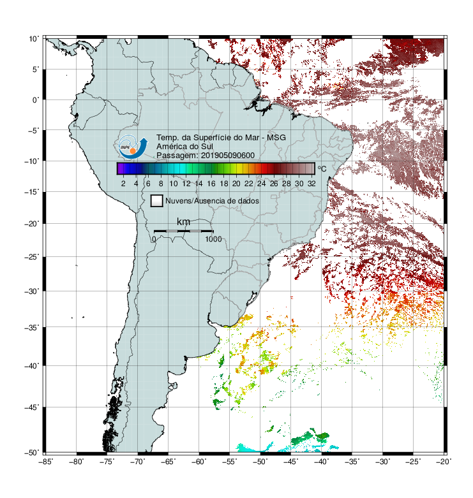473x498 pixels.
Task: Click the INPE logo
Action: [133, 147]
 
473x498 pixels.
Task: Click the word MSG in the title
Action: [276, 138]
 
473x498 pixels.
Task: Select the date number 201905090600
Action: [228, 156]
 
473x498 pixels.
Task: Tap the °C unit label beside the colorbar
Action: [322, 168]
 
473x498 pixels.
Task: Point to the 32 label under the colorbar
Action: [312, 184]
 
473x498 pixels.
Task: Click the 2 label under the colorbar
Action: [123, 184]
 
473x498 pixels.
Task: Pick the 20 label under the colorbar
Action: [236, 184]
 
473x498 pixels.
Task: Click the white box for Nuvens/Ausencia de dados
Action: [157, 201]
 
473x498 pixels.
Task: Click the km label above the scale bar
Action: [183, 222]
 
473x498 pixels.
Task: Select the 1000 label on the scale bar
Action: [213, 239]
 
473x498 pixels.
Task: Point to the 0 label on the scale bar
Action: [154, 239]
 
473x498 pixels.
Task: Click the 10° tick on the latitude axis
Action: [34, 39]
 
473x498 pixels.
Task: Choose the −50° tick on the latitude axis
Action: [32, 453]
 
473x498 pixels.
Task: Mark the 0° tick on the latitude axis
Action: [36, 100]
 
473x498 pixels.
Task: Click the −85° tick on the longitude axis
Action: [45, 462]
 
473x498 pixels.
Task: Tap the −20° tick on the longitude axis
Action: [444, 462]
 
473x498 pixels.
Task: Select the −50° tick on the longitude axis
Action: [260, 462]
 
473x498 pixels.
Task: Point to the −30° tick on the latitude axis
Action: [32, 291]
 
